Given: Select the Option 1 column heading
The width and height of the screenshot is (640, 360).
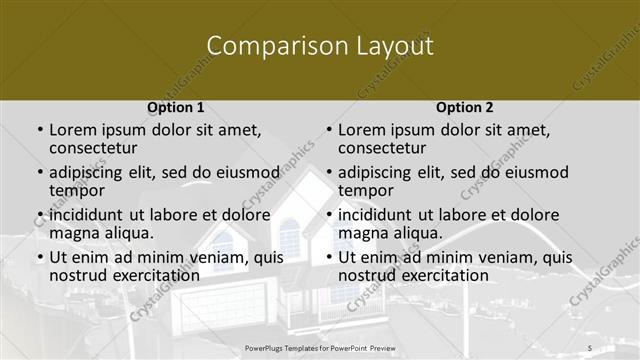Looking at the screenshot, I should pyautogui.click(x=176, y=107).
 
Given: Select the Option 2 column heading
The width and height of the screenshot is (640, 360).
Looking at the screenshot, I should pyautogui.click(x=465, y=107).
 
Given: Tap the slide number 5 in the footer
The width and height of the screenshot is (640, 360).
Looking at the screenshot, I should pyautogui.click(x=590, y=346).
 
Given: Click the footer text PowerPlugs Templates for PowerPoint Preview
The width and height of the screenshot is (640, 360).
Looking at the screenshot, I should pyautogui.click(x=320, y=346).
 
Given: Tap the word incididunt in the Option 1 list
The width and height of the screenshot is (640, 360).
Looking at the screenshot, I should pyautogui.click(x=86, y=215).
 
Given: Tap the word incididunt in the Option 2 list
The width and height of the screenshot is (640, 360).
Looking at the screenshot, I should pyautogui.click(x=375, y=215).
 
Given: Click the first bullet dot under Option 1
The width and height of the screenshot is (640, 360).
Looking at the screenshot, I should pyautogui.click(x=40, y=131).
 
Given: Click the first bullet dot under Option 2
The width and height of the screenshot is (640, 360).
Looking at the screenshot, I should pyautogui.click(x=329, y=131).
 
